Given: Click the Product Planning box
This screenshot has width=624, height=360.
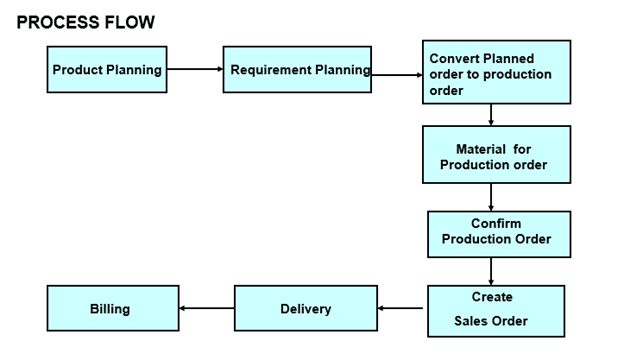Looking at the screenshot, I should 108,70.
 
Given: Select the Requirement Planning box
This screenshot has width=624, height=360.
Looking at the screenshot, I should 296,70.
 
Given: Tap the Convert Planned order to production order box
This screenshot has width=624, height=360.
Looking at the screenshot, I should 496,72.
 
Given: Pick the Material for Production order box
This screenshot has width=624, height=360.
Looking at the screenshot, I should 496,154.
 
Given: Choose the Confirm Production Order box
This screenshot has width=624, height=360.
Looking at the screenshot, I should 496,233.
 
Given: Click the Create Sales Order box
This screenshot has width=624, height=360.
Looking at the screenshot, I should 492,309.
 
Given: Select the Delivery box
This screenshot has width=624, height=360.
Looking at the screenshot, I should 306,309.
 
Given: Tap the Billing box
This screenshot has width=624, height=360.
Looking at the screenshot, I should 113,309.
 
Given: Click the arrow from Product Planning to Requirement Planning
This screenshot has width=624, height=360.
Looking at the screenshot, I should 194,70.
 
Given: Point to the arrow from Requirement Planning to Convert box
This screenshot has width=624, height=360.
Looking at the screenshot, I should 396,73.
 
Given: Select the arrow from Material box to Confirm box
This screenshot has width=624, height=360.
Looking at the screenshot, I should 491,197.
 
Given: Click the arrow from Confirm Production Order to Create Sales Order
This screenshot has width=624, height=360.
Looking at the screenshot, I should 491,271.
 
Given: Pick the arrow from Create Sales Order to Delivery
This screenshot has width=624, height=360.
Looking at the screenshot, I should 402,309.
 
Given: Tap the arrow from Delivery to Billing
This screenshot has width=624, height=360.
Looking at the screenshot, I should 206,309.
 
